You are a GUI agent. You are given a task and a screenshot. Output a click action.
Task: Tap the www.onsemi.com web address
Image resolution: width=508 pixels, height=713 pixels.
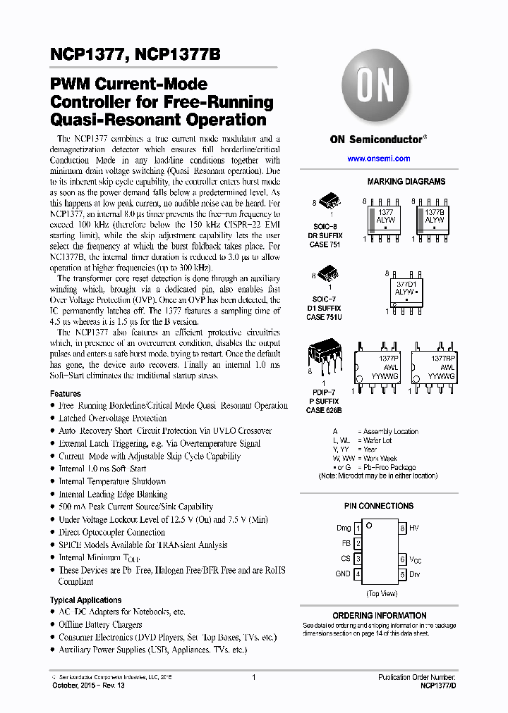(x=378, y=159)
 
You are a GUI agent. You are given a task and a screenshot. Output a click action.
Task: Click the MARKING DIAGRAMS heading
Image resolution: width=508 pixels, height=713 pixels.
(x=406, y=182)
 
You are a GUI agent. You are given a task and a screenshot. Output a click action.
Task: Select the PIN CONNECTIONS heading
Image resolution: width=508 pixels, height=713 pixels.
(x=379, y=506)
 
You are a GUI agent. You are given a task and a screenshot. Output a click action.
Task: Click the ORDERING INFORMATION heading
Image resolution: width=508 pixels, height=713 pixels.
(x=379, y=616)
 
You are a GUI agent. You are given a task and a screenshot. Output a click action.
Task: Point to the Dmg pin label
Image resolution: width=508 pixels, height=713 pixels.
(x=343, y=528)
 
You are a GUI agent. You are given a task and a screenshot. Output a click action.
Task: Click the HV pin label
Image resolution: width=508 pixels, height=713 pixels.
(x=413, y=528)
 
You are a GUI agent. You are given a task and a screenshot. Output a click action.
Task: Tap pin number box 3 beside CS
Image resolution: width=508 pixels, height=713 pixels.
(x=358, y=559)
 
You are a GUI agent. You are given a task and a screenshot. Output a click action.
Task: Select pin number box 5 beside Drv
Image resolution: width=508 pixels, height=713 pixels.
(x=402, y=574)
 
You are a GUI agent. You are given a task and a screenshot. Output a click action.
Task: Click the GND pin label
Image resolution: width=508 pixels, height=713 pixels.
(x=343, y=574)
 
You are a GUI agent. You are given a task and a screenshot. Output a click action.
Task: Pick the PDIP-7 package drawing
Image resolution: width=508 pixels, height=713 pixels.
(x=325, y=359)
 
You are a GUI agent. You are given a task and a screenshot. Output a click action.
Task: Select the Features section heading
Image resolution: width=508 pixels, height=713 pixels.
(x=66, y=394)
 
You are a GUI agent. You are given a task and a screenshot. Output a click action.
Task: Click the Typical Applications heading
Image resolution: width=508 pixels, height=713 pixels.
(x=85, y=600)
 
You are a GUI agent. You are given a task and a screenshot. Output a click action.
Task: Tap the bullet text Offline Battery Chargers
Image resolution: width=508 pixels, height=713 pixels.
(x=100, y=625)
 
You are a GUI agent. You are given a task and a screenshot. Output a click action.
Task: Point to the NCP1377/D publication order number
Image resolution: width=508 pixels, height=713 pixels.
(x=438, y=685)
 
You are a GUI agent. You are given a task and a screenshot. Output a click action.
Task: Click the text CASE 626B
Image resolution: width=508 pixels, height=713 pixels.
(x=324, y=410)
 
